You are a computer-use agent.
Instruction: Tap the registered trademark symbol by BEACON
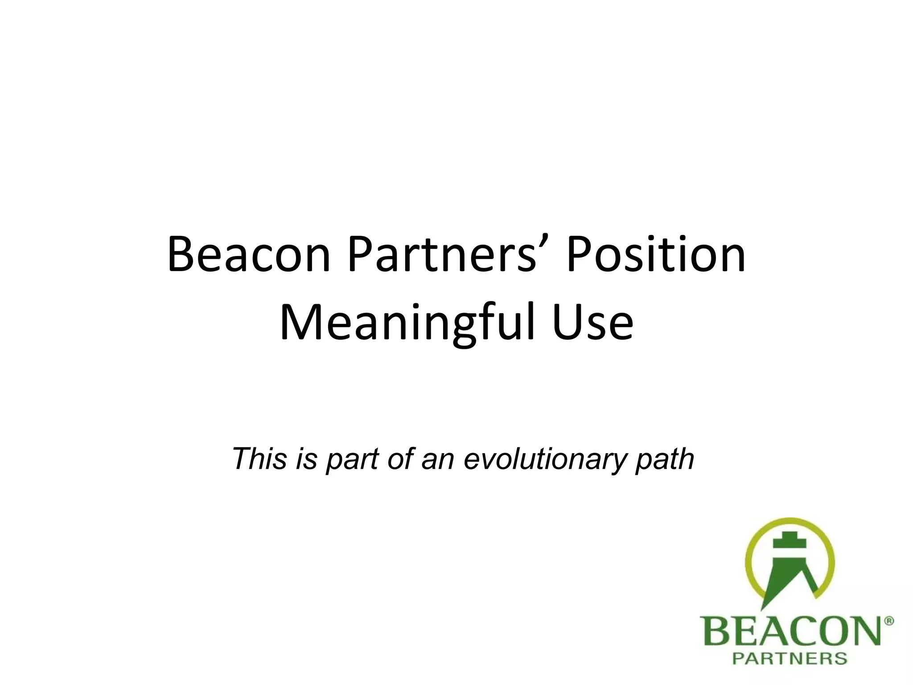(x=888, y=621)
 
